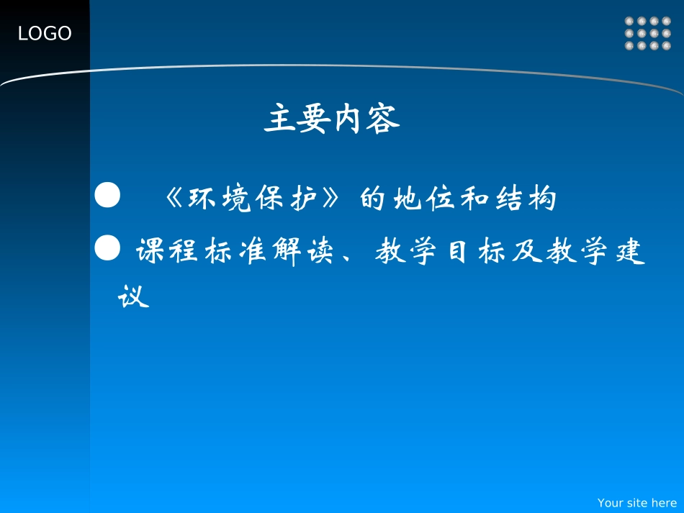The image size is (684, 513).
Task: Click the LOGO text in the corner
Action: pos(45,33)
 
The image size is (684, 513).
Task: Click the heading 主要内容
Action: pos(332,119)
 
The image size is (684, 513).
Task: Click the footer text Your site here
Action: pos(637,503)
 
